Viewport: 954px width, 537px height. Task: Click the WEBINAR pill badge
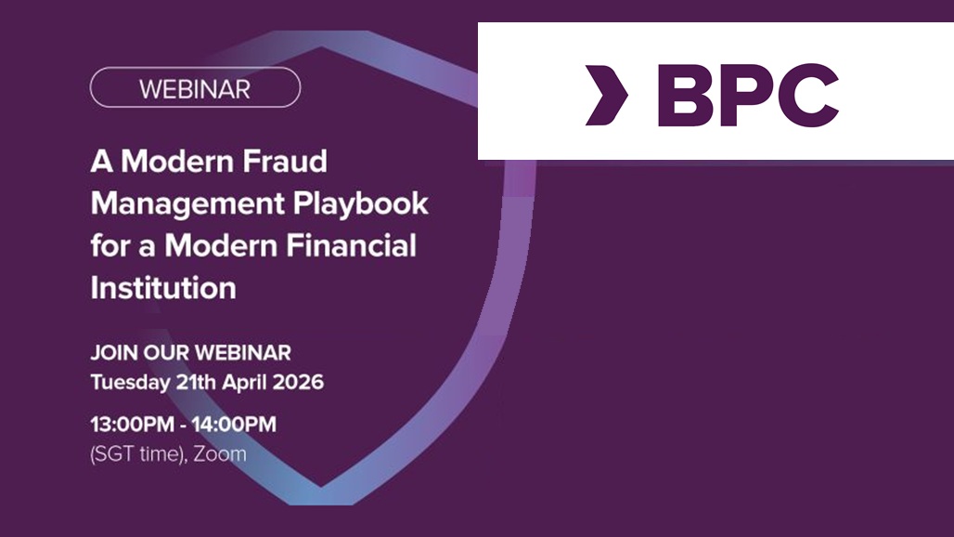click(195, 87)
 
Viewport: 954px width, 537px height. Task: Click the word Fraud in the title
click(285, 162)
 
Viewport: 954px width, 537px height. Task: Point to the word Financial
click(351, 245)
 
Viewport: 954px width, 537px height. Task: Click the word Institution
click(163, 287)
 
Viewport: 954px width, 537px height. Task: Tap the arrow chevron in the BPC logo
click(606, 96)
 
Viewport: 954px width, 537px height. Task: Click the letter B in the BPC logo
click(686, 96)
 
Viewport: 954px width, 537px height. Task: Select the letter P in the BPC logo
click(747, 96)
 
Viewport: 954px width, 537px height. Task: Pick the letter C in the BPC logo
click(808, 96)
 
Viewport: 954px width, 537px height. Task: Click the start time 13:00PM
click(132, 425)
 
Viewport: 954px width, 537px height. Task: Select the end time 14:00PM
click(234, 425)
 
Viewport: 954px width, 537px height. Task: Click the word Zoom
click(220, 454)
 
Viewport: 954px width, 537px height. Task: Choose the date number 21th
click(196, 383)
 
